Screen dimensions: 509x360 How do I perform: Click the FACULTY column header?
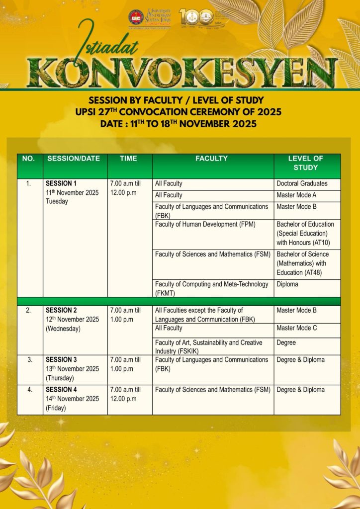(211, 159)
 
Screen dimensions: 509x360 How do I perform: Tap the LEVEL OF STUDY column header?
(305, 163)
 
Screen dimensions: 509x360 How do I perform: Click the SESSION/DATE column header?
(74, 159)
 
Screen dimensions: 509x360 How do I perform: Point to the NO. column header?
(28, 159)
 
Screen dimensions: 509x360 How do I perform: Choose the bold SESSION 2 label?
(61, 310)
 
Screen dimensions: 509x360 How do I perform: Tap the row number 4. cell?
(29, 390)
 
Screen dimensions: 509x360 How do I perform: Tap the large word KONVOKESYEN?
(183, 73)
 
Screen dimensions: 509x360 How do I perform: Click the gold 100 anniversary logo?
(195, 17)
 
